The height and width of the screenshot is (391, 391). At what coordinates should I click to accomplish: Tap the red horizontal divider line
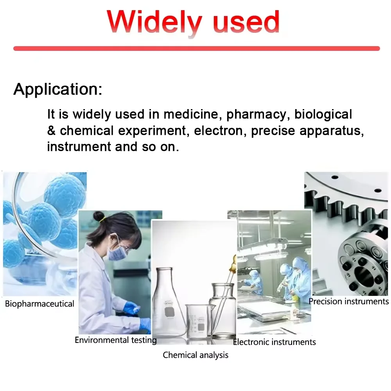tap(196, 48)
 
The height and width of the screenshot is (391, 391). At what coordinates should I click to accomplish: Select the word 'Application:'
tap(58, 89)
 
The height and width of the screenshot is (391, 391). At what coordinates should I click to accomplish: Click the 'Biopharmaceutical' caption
tap(39, 304)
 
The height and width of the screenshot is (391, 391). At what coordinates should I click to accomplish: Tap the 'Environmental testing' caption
tap(116, 340)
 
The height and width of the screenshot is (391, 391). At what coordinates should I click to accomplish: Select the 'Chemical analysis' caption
tap(195, 355)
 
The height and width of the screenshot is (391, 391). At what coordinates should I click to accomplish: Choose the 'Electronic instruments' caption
tap(274, 342)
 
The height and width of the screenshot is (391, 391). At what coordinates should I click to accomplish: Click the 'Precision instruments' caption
tap(348, 301)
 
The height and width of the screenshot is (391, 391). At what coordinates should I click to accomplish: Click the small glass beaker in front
tap(199, 321)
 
